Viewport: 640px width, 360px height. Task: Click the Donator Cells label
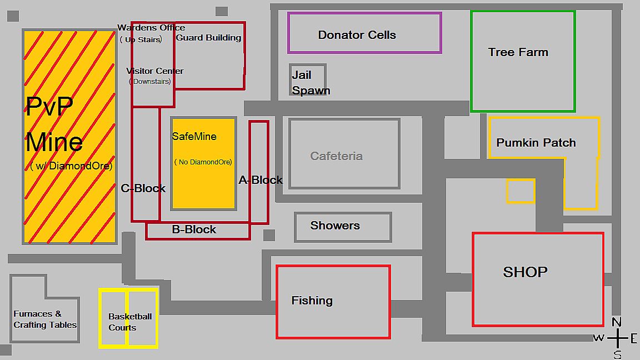point(357,35)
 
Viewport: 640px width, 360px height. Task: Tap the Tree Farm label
point(518,52)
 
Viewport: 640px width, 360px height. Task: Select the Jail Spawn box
point(308,80)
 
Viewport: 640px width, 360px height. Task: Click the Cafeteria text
point(336,156)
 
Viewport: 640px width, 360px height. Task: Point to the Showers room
point(343,227)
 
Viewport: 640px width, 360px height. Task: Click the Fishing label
point(312,301)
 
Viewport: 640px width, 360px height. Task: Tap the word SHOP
point(526,272)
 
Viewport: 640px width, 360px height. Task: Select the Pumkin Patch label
point(536,143)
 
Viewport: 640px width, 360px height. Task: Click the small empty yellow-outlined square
point(521,191)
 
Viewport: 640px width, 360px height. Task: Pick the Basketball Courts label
point(130,322)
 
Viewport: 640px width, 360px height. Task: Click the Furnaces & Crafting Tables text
point(45,319)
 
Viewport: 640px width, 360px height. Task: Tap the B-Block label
point(194,229)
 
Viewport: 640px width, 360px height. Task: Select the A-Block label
point(261,180)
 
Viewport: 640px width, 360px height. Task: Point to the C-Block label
point(143,188)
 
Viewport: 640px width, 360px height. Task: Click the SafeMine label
point(194,137)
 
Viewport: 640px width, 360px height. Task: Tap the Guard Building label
point(208,38)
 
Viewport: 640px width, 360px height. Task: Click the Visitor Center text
point(154,71)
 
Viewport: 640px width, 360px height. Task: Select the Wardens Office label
point(151,28)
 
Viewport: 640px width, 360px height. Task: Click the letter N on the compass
point(617,322)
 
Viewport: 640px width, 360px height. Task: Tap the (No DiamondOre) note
point(203,162)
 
